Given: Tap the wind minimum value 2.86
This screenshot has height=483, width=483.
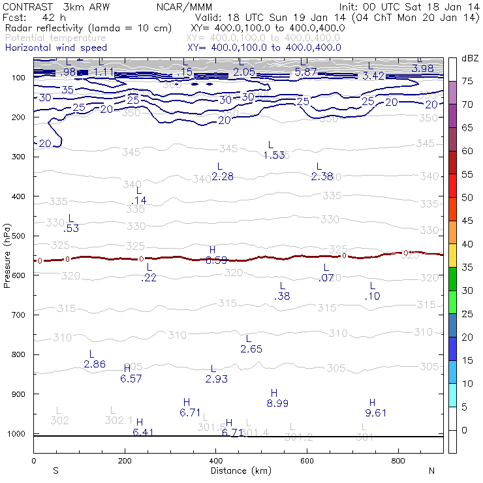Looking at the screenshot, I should click(x=95, y=364).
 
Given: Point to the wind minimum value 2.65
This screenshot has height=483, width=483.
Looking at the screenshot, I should click(x=251, y=349).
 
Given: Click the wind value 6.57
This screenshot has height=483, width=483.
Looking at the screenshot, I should click(x=131, y=379).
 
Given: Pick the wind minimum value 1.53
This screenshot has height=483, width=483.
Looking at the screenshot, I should click(x=274, y=155).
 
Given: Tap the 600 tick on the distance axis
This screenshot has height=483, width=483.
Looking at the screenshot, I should click(x=307, y=461).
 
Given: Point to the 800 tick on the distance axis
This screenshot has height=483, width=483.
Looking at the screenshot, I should click(x=398, y=461).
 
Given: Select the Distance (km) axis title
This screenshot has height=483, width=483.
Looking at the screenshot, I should click(x=241, y=471).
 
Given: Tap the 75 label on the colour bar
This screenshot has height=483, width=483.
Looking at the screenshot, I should click(x=468, y=81).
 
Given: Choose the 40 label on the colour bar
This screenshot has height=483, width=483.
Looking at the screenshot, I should click(x=468, y=244).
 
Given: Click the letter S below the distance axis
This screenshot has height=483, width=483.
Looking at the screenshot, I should click(x=55, y=471).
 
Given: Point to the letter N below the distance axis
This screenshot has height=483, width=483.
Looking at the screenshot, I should click(x=430, y=471).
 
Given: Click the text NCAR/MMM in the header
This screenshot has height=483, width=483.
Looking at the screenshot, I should click(x=185, y=6).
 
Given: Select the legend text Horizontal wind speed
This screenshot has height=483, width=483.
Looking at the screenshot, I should click(x=56, y=48).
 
